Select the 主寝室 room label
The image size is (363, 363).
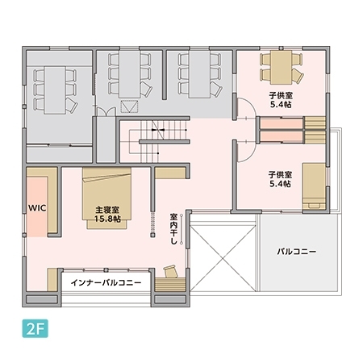click(x=107, y=208)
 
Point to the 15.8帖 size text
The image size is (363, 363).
click(x=107, y=219)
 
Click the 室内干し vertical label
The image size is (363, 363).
click(x=173, y=228)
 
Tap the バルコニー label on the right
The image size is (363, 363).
click(x=296, y=252)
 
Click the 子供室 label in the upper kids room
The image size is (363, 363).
click(x=281, y=94)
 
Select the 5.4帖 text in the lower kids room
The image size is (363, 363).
click(x=280, y=183)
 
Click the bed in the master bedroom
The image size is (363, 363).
click(x=109, y=192)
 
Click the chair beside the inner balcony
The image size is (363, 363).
click(x=170, y=271)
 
